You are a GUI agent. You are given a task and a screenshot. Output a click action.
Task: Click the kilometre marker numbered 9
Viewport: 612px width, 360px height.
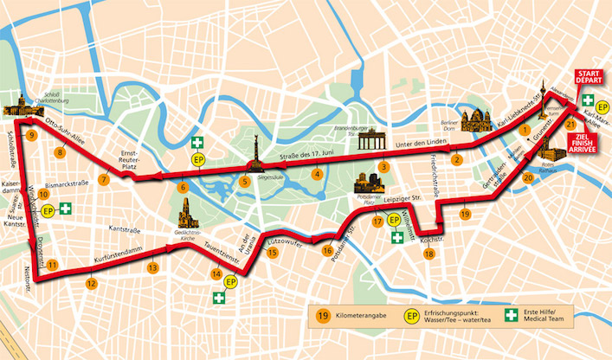(x=31, y=136)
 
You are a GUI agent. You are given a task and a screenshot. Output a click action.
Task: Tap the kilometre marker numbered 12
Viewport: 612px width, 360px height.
(x=91, y=282)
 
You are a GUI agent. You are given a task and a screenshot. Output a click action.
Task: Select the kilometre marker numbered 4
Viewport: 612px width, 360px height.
(x=318, y=174)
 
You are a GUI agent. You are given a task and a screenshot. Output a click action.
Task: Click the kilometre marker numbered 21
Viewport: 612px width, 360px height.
(x=570, y=124)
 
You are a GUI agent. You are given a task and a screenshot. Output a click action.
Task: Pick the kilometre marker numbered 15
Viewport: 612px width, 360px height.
(x=273, y=253)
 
